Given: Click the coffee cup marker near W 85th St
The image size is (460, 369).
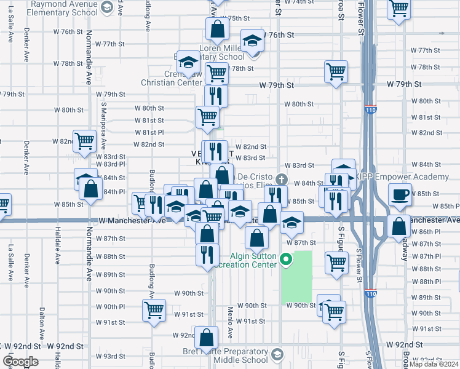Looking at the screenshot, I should click(400, 195).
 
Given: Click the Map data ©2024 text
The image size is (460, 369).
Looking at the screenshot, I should click(434, 364).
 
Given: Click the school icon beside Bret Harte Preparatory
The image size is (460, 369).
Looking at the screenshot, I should click(278, 354).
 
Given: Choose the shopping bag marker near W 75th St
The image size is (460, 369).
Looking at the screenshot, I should click(216, 28).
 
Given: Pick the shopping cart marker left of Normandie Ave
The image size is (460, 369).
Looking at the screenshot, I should click(85, 141).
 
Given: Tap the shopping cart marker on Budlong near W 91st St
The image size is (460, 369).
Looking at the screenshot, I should click(153, 309).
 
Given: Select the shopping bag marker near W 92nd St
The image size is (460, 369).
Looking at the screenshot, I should click(208, 337).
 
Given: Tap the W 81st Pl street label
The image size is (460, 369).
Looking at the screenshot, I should click(150, 132).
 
